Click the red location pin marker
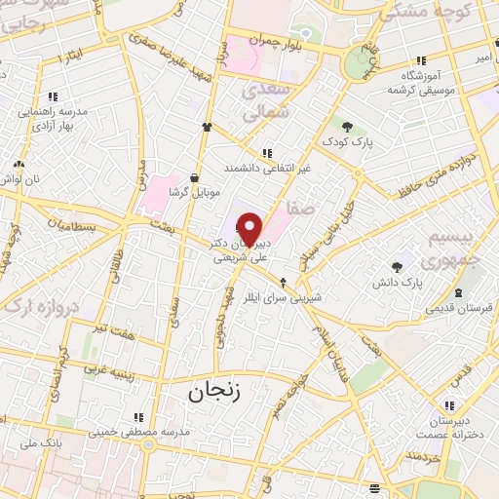(250, 229)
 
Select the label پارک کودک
(349, 141)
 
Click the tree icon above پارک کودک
(348, 125)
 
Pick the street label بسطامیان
(77, 225)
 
